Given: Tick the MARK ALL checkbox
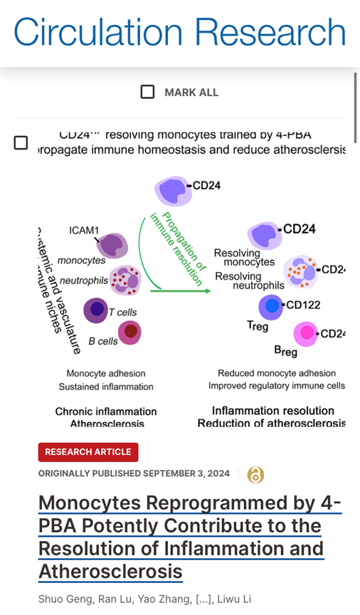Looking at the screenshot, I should tap(147, 92).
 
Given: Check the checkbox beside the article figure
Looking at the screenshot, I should tap(21, 143).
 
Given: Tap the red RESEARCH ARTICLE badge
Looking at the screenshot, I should tap(88, 452).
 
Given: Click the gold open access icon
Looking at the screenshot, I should tap(255, 475).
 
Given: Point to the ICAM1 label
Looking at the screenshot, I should tap(85, 231).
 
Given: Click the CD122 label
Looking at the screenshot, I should tap(302, 305).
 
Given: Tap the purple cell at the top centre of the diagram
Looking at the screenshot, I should tap(172, 191).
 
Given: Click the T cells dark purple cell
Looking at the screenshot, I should tap(95, 310).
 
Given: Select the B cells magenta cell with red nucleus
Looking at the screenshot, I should tap(129, 332).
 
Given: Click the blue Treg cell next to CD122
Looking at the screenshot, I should tap(270, 307).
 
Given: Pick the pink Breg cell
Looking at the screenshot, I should tap(307, 333).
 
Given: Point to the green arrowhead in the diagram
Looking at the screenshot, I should tap(206, 290).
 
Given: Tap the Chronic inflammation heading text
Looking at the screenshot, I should tap(106, 411).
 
